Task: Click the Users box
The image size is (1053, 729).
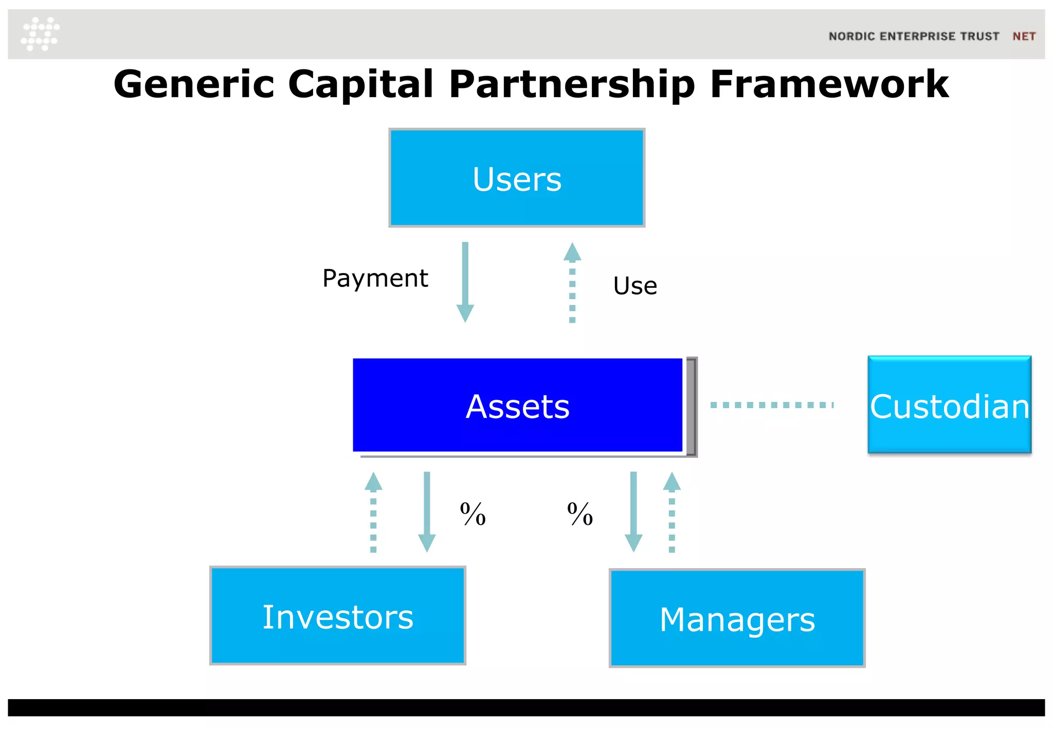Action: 517,178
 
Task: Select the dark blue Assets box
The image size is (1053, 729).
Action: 517,405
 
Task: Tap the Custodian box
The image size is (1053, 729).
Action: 949,405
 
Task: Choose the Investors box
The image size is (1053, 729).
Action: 338,616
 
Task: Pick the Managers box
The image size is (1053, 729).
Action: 737,618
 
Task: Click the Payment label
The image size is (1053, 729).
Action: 375,278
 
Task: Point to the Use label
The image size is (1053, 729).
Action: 635,286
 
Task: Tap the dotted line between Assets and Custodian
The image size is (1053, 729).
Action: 771,405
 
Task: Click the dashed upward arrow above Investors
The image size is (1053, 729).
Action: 373,512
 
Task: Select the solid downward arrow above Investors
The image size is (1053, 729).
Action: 427,512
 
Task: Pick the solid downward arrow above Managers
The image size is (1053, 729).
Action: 633,512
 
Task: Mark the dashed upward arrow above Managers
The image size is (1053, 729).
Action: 671,512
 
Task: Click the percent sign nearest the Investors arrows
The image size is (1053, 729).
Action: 473,514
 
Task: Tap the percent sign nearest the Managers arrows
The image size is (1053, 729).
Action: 579,514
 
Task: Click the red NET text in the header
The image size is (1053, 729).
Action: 1024,37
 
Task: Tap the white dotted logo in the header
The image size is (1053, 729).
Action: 40,34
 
